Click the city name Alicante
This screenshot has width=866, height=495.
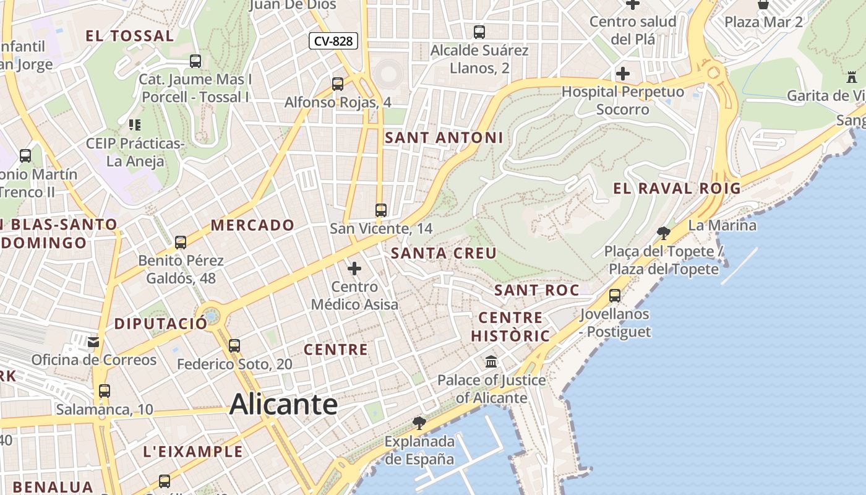(283, 405)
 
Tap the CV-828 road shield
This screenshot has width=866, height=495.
(333, 41)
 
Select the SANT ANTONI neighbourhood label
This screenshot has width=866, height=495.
(444, 138)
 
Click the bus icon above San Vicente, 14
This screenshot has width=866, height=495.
(381, 210)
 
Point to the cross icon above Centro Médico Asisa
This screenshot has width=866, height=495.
(354, 269)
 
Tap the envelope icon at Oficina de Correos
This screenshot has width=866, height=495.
(93, 342)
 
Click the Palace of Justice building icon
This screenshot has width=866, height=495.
(491, 361)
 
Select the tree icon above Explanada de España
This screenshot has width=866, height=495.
(419, 423)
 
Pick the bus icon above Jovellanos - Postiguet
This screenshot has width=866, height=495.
(615, 296)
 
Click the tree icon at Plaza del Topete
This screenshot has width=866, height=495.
(664, 233)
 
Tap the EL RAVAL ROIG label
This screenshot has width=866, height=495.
(677, 189)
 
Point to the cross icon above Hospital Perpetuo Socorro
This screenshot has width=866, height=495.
(623, 74)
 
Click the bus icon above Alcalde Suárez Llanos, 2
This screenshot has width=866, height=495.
(479, 32)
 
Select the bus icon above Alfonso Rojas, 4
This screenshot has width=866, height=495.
(338, 84)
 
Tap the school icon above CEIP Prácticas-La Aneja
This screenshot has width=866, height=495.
(135, 125)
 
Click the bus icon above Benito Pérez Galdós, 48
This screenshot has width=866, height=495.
(181, 243)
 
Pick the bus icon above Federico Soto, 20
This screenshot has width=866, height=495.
(234, 346)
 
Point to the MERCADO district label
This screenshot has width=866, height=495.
(252, 225)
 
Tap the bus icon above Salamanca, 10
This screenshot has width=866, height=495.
(104, 391)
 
